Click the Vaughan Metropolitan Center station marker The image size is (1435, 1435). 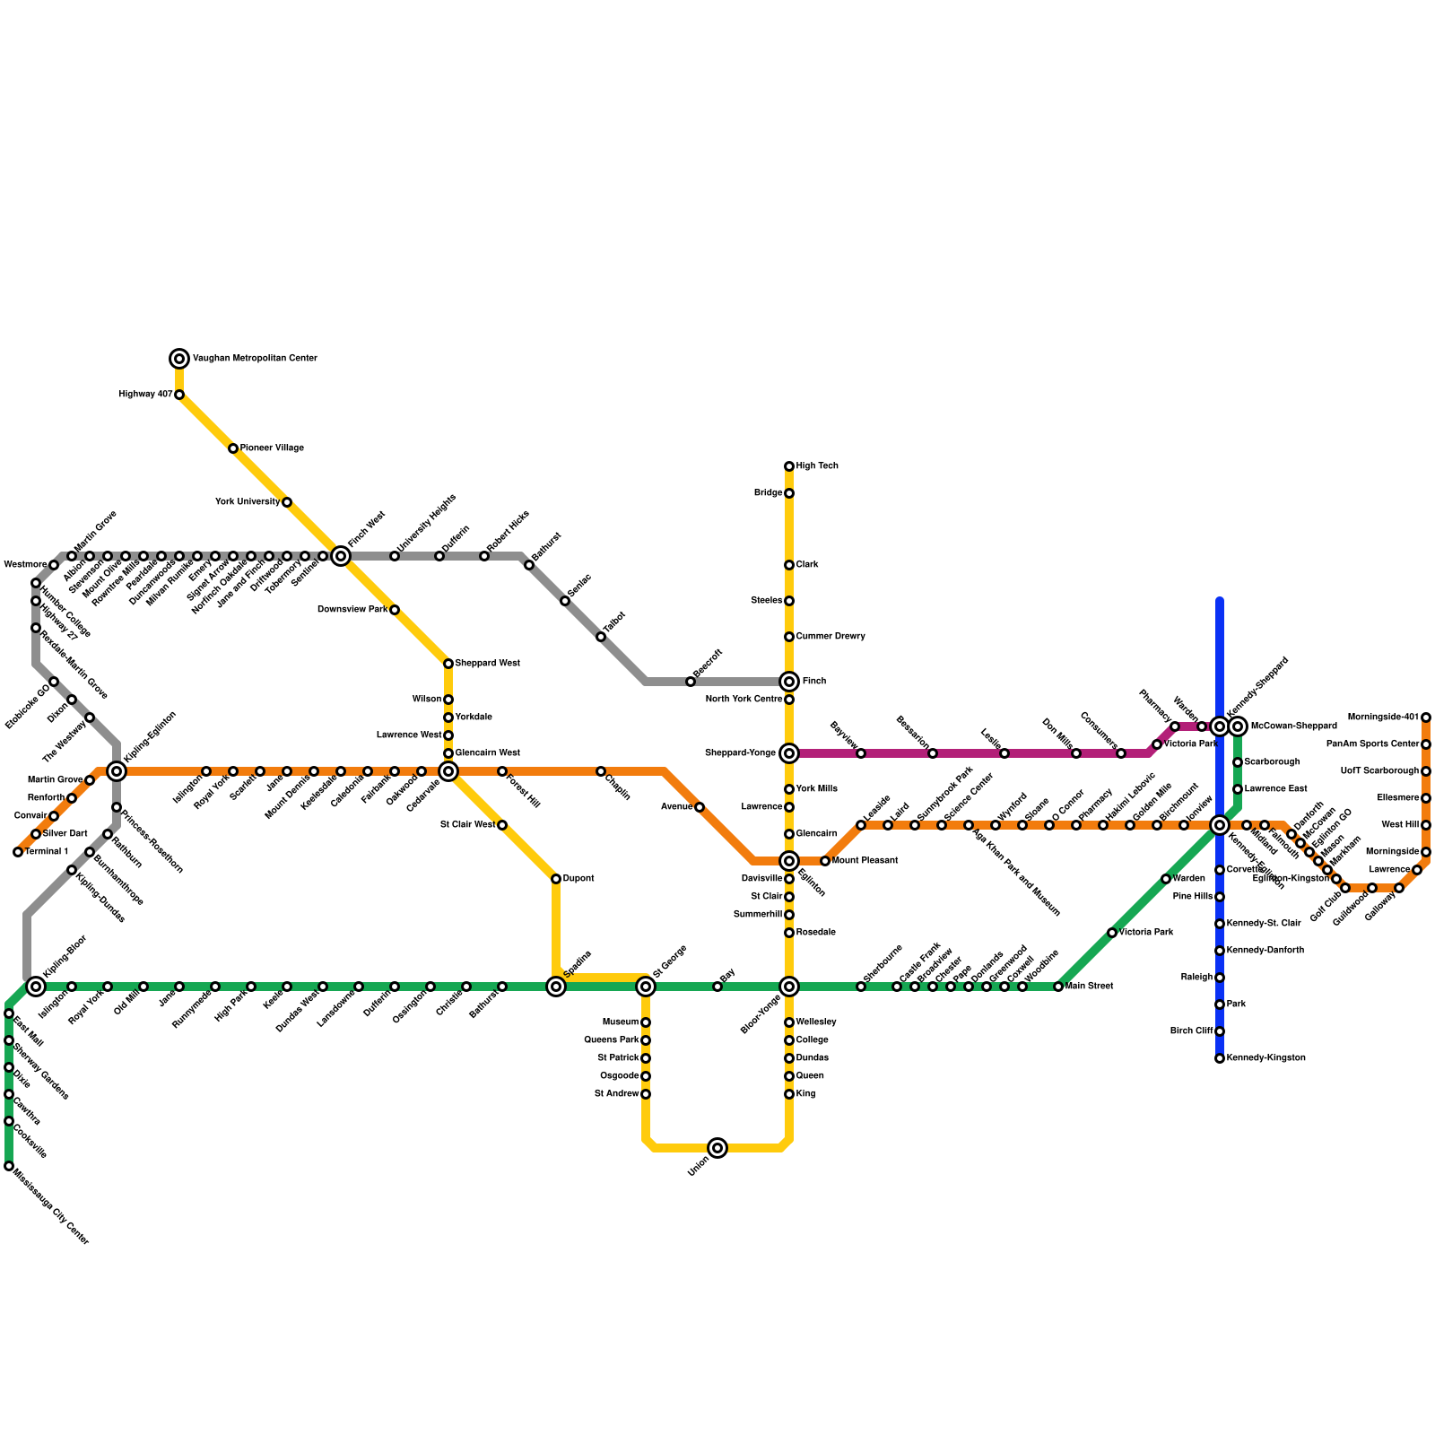point(179,359)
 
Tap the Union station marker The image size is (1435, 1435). point(717,1148)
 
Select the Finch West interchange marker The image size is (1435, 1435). point(341,556)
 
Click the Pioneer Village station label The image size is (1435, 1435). point(272,448)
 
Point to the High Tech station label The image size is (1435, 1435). point(817,466)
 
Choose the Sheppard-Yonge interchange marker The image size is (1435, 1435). point(789,753)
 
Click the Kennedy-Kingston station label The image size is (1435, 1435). point(1265,1058)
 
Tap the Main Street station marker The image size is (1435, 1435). point(1058,987)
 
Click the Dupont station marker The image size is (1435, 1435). point(556,879)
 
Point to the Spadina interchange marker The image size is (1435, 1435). point(556,987)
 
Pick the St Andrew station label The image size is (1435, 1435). point(617,1094)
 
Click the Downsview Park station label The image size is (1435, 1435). point(352,610)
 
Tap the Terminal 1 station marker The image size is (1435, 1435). point(18,852)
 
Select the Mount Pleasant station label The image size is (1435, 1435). point(865,861)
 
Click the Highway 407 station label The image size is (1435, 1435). point(146,395)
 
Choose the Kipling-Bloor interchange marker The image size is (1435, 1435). point(36,987)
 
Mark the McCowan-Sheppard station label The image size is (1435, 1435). point(1293,726)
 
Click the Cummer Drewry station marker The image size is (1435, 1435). point(789,637)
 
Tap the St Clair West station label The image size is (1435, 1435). point(467,825)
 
